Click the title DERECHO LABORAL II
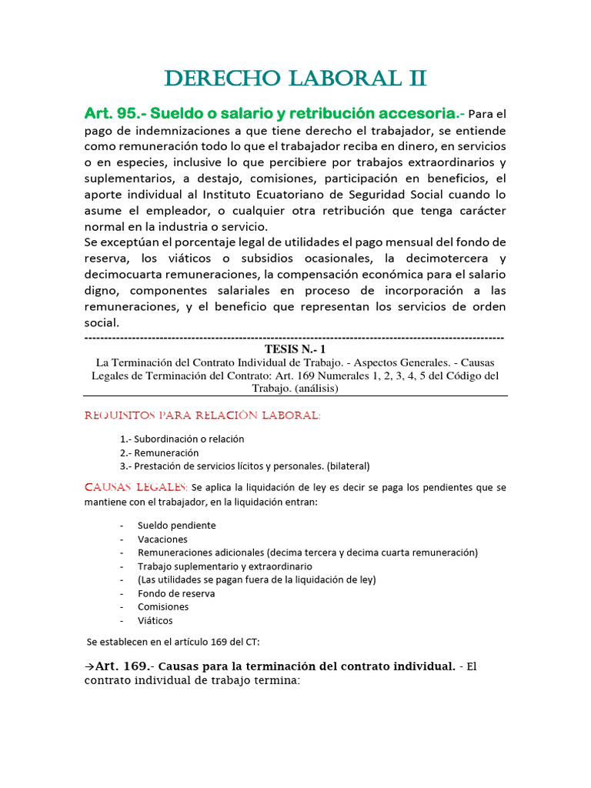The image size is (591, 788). coord(295,78)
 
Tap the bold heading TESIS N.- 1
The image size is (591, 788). coord(295,349)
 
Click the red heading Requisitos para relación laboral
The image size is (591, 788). coord(202,416)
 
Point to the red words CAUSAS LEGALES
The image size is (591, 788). coord(135,487)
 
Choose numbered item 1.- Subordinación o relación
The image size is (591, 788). coord(182,439)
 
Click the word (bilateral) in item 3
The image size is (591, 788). coord(349,466)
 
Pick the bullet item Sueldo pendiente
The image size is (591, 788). coord(176,525)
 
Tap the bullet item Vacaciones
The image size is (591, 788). coord(162,539)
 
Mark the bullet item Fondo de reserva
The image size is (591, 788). coord(176,593)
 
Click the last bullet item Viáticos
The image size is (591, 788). coord(155,620)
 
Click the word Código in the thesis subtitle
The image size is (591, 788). coord(460,376)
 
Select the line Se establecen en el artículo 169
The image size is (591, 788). coord(173,641)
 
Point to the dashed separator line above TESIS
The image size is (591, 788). coord(295,338)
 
